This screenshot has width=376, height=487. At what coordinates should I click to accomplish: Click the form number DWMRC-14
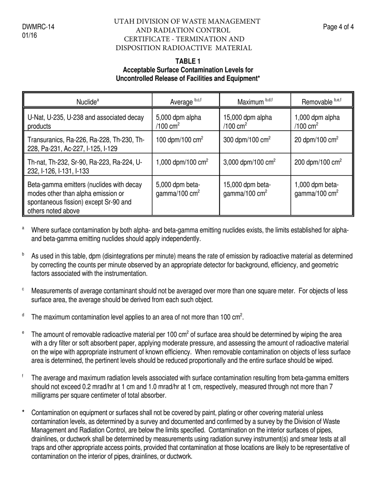click(38, 27)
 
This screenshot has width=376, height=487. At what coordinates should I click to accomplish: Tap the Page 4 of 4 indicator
click(338, 27)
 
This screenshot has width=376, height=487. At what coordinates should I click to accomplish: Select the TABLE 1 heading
click(188, 61)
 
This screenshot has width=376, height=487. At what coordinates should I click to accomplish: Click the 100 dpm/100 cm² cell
click(180, 139)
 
